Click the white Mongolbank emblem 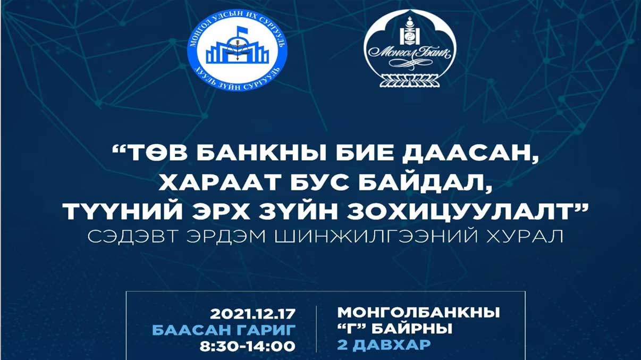click(x=410, y=48)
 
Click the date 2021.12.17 click(x=252, y=314)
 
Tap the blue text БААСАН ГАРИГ click(x=224, y=330)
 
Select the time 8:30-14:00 click(x=248, y=346)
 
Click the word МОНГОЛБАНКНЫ click(x=418, y=313)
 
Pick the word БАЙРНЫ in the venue click(x=412, y=329)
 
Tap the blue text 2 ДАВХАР click(x=384, y=345)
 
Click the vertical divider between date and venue click(x=316, y=329)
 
